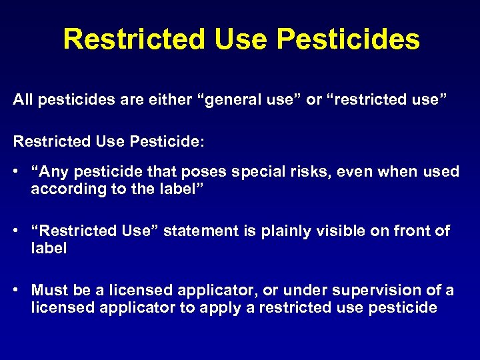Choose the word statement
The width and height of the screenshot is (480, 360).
pyautogui.click(x=197, y=231)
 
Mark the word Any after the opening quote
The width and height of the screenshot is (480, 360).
pyautogui.click(x=52, y=172)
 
